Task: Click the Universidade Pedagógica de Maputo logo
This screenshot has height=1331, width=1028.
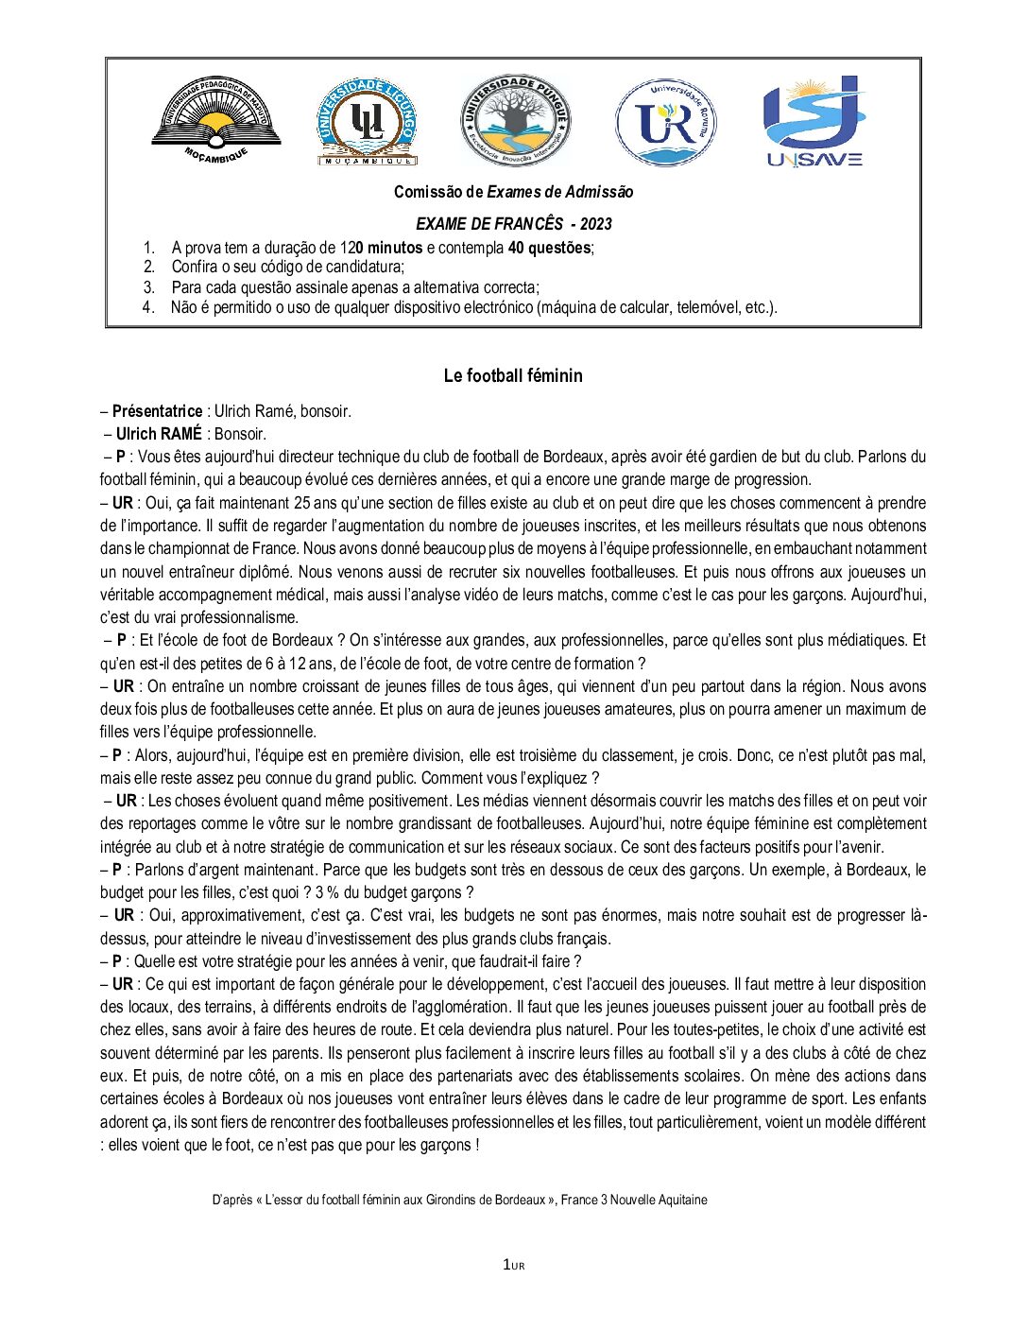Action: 216,121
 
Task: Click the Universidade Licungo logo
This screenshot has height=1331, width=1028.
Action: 368,122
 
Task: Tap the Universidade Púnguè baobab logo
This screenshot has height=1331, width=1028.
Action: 515,121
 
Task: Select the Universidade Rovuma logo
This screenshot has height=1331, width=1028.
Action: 665,122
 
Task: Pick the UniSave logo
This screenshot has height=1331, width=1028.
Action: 814,121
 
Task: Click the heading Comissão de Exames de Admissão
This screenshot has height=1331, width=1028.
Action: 513,192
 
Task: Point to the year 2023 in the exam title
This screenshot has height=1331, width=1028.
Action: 595,224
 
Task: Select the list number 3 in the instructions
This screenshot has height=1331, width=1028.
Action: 149,287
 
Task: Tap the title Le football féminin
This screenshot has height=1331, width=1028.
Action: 513,375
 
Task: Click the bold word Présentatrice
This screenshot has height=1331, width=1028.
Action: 157,411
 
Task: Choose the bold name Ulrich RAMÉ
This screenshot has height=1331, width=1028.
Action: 159,434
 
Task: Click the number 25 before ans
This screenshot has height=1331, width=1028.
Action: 302,503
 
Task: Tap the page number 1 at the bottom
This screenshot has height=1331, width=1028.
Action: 507,1265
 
